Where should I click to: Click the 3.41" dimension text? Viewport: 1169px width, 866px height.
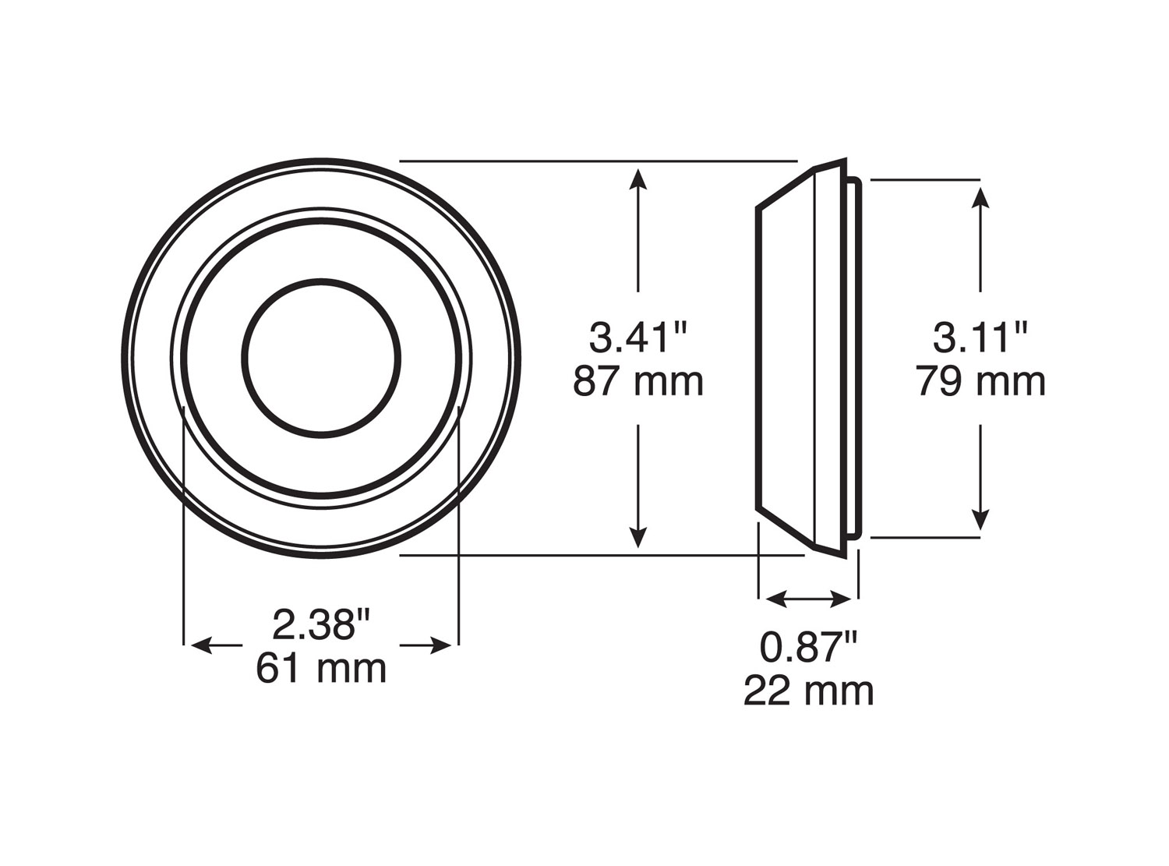pos(638,338)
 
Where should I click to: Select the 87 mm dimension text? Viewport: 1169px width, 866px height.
pos(638,381)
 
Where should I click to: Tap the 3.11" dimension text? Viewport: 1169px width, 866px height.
pos(980,338)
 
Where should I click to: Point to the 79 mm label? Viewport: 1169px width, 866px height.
pos(980,381)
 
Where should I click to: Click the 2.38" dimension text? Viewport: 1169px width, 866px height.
pos(320,624)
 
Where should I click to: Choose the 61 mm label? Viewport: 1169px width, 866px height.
pos(321,668)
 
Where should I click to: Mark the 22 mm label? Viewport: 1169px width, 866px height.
pos(808,691)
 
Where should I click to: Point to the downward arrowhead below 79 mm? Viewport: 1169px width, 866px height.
pos(980,519)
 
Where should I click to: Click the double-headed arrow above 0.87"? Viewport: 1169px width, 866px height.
pos(808,599)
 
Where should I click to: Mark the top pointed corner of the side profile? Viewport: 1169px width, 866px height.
pos(844,161)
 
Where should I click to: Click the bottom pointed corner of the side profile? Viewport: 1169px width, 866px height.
pos(844,557)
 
